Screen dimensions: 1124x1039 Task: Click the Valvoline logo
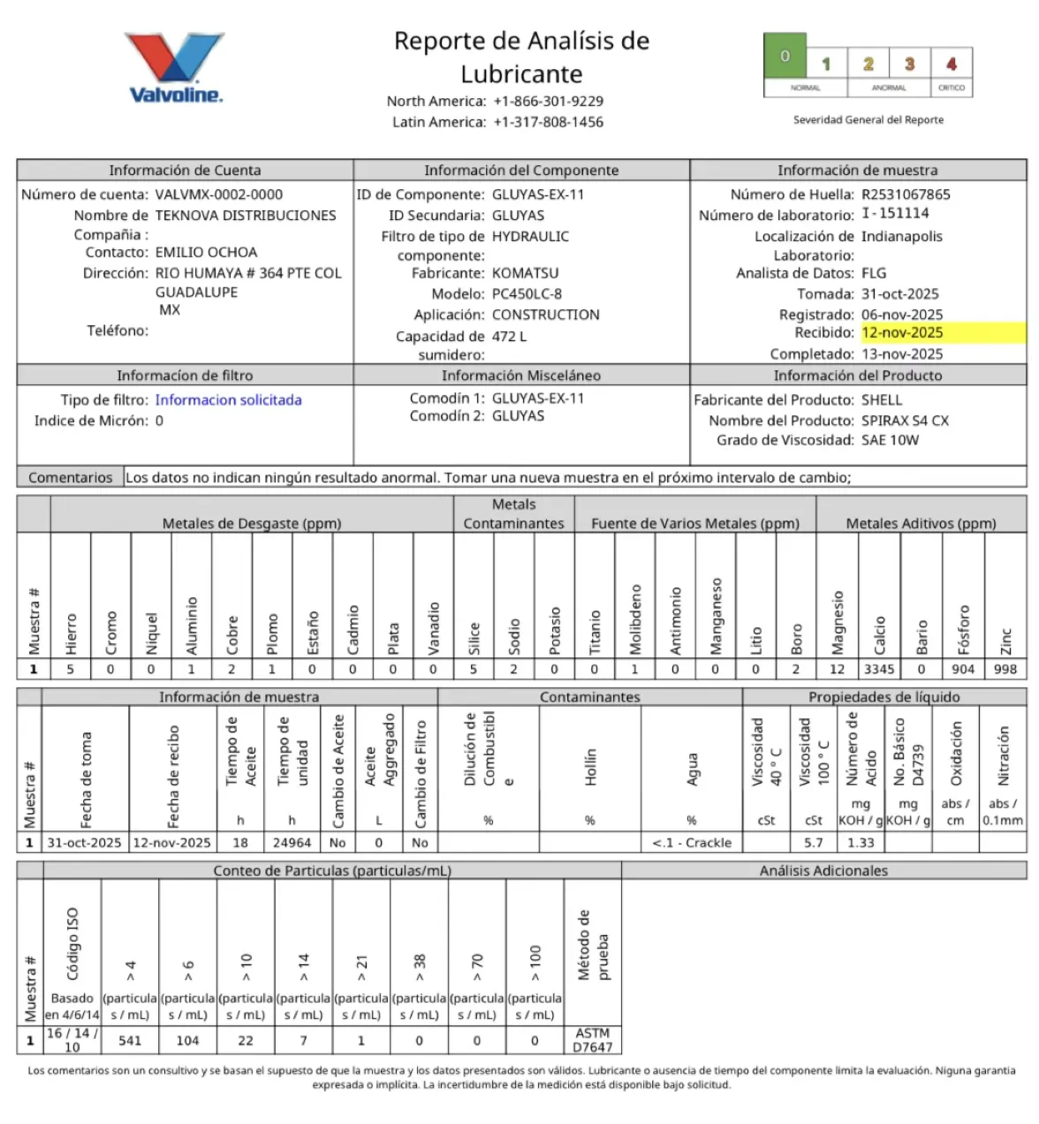pos(176,69)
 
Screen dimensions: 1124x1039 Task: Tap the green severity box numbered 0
pos(785,57)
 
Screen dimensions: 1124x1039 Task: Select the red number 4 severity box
pos(951,64)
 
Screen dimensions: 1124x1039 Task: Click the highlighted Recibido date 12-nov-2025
pos(902,333)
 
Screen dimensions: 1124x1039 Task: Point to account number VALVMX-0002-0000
pos(219,194)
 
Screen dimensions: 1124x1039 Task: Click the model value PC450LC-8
pos(527,293)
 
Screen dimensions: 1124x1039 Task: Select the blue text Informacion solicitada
pos(228,400)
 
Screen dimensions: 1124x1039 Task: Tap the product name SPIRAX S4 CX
pos(905,421)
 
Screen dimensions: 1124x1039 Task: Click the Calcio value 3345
pos(879,670)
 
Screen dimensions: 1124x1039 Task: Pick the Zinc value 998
pos(1005,670)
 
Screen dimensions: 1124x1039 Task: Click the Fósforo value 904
pos(963,670)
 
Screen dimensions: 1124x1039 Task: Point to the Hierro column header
pos(71,634)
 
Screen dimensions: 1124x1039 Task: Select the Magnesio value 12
pos(837,670)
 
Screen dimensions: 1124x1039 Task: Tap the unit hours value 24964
pos(292,843)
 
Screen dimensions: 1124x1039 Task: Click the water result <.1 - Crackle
pos(692,843)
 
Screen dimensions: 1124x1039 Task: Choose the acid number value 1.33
pos(861,843)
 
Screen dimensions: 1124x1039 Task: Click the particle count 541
pos(130,1041)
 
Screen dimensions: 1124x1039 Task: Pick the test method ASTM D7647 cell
pos(592,1040)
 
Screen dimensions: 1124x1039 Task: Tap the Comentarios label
pos(71,478)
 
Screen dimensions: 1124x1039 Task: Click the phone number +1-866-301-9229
pos(548,102)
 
